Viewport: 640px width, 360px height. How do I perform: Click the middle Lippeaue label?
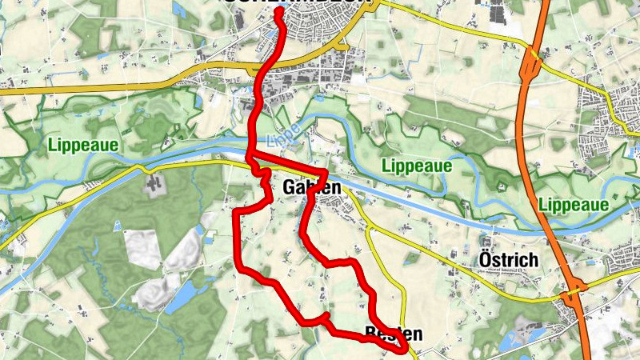417,166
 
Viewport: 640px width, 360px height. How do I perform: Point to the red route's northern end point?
278,13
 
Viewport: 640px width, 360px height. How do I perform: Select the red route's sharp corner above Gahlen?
326,174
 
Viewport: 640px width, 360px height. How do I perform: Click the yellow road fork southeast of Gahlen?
369,230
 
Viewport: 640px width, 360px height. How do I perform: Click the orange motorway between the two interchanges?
551,184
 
